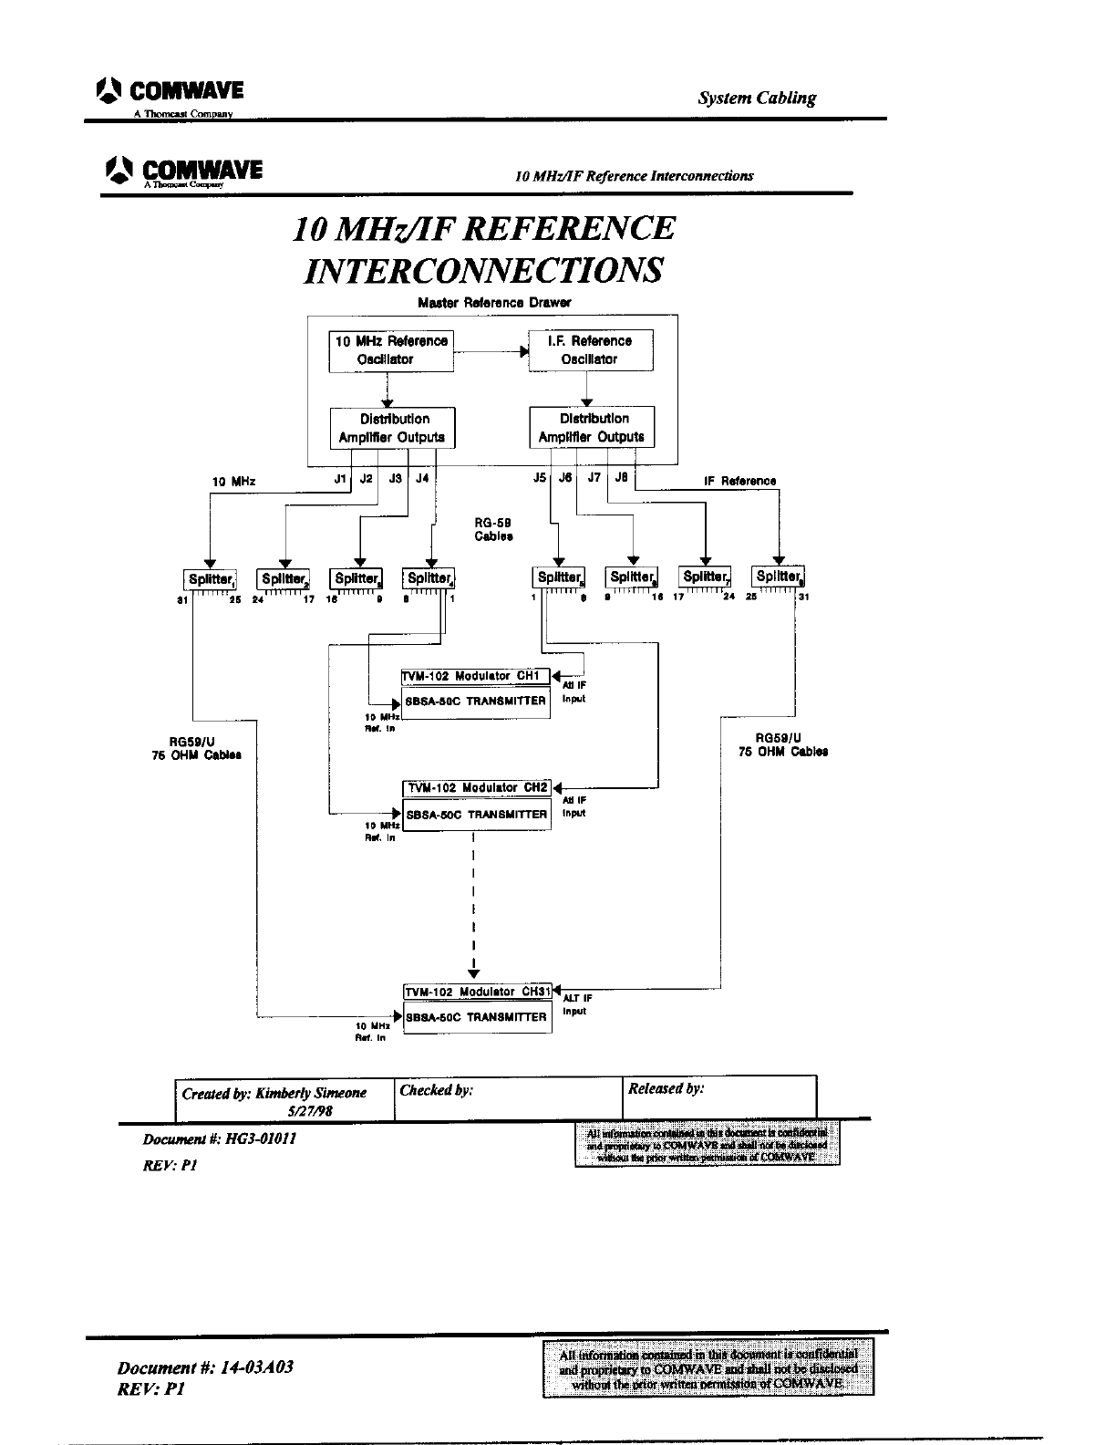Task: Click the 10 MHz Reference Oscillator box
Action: [391, 351]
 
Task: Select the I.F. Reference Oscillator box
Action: [590, 351]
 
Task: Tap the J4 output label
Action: [422, 479]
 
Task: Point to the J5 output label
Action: [540, 479]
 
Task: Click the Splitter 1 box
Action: [212, 578]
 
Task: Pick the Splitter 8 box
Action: [779, 577]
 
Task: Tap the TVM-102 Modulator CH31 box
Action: [478, 992]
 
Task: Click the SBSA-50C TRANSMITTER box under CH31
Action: [478, 1017]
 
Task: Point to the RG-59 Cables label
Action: [493, 530]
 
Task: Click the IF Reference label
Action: [739, 481]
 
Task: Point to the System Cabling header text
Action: [757, 99]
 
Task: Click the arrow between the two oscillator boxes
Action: [491, 351]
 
